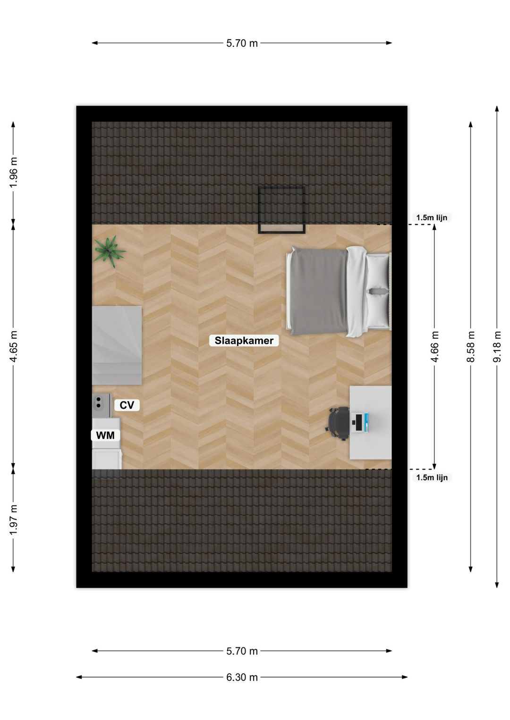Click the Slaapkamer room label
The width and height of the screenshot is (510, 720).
244,341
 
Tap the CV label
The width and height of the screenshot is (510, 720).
127,405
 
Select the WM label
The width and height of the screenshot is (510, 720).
105,435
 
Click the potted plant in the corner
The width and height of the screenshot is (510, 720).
110,251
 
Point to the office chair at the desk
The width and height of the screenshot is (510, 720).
337,423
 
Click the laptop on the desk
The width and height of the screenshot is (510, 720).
360,422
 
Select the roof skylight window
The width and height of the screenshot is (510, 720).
281,209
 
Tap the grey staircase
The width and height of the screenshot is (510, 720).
117,345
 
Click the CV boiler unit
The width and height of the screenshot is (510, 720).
101,405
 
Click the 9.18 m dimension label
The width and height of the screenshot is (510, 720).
497,346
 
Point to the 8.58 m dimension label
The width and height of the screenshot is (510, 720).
471,346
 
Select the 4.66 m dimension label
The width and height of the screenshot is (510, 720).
435,346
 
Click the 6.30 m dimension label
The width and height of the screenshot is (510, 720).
242,677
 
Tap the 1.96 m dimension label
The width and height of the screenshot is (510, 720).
14,172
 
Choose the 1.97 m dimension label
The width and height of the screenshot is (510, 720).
14,519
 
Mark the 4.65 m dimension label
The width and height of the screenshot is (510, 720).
14,346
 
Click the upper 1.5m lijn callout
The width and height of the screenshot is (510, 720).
432,218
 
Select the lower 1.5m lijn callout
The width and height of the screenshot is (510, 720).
432,477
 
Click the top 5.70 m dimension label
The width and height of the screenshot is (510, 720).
242,43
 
